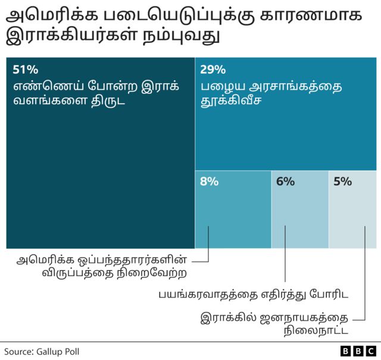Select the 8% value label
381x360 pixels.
point(209,181)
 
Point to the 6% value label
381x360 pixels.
point(285,181)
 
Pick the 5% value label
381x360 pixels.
point(342,181)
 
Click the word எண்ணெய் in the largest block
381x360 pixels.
point(42,86)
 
